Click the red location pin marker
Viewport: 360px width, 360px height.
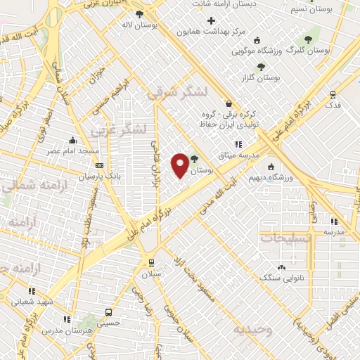pyautogui.click(x=180, y=165)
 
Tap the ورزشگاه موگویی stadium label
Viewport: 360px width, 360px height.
pyautogui.click(x=267, y=50)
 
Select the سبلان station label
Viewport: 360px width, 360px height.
pyautogui.click(x=150, y=274)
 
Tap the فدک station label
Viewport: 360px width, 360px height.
pyautogui.click(x=333, y=104)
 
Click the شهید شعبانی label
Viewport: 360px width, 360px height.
pyautogui.click(x=32, y=301)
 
